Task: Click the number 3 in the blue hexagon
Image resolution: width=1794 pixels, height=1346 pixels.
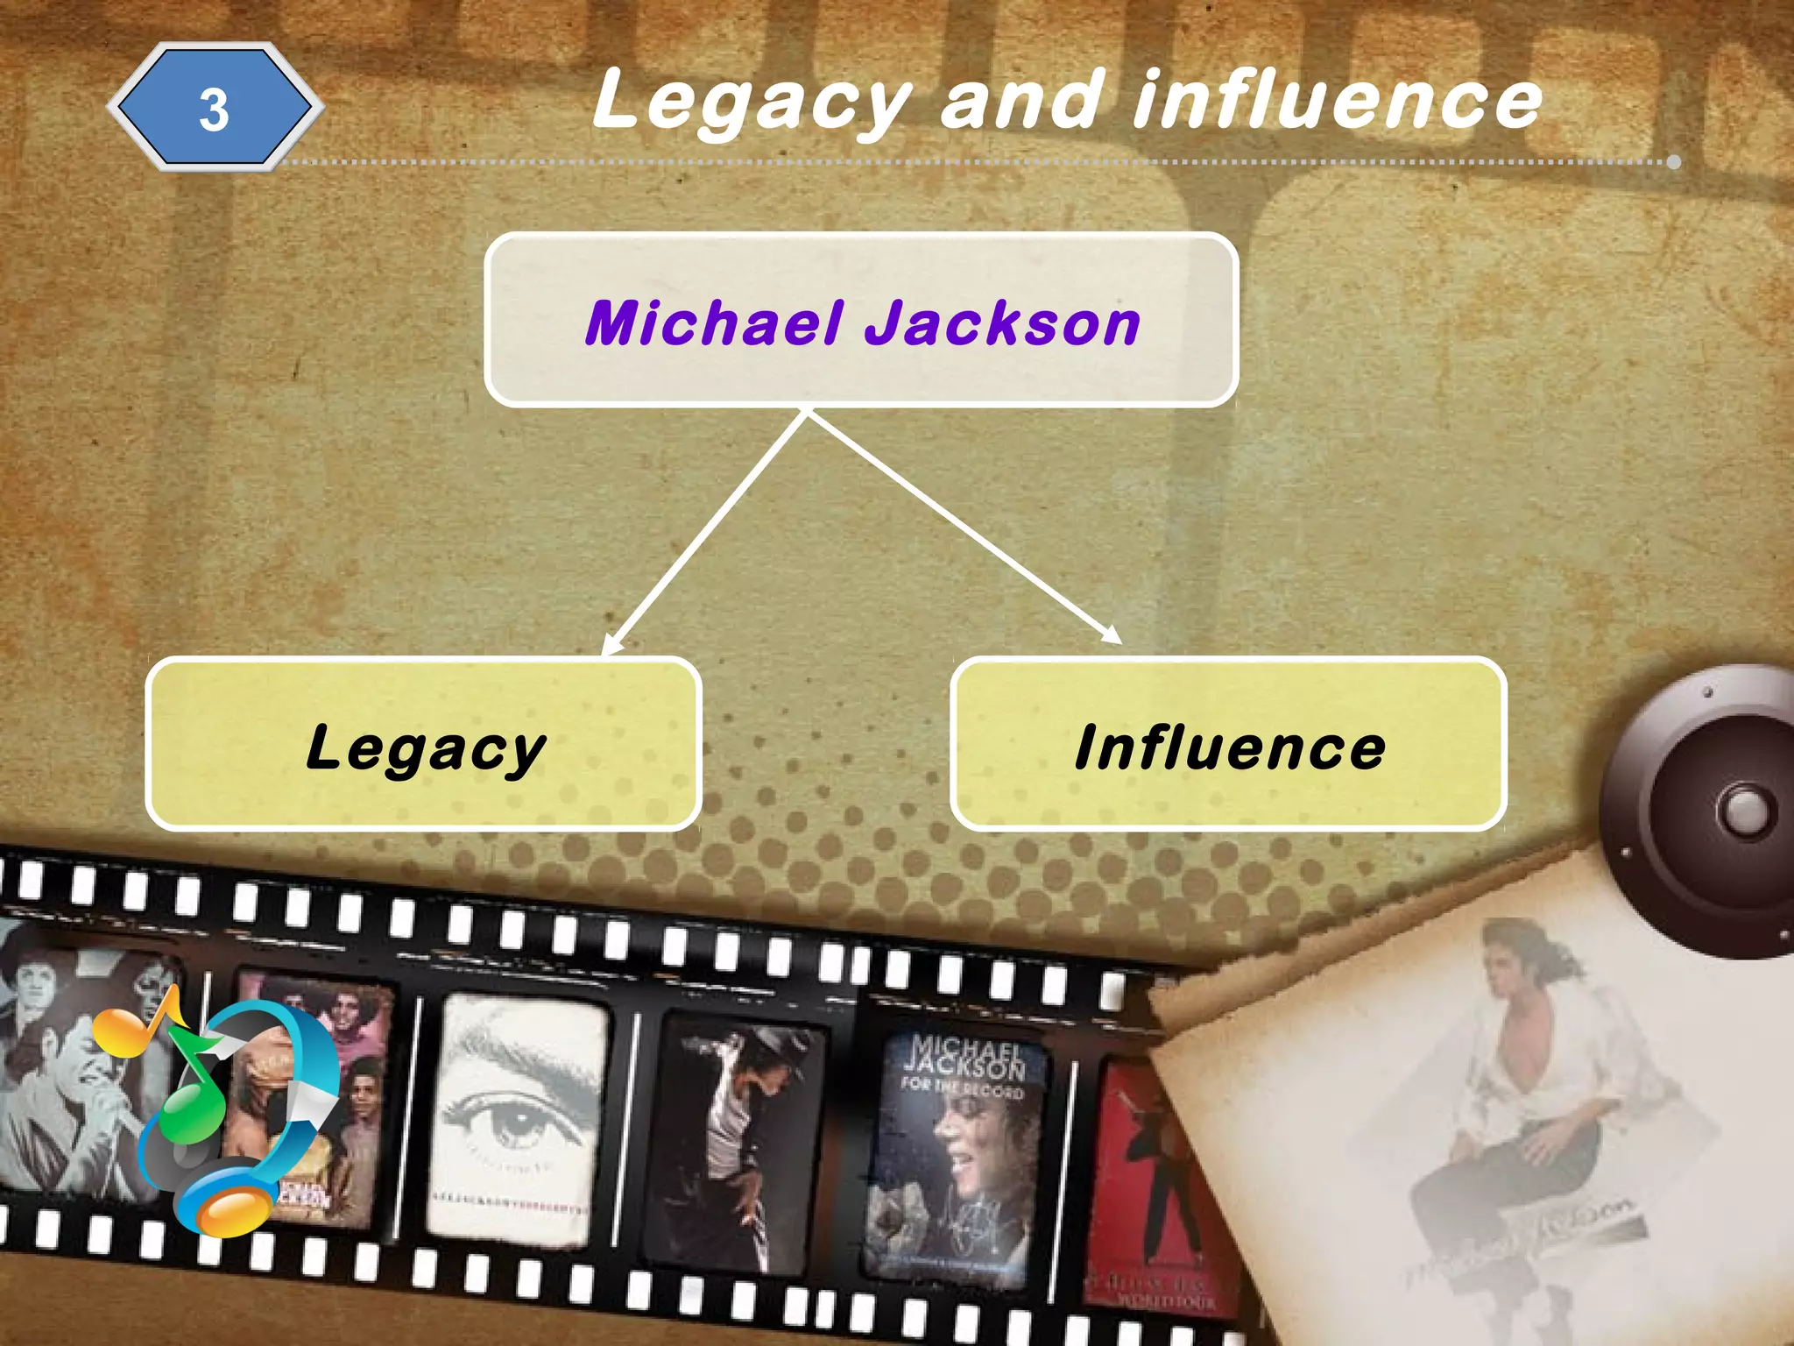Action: click(x=214, y=110)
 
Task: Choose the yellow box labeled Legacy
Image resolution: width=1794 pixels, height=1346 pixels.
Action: click(x=424, y=743)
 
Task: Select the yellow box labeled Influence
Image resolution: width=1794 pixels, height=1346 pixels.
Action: click(x=1228, y=743)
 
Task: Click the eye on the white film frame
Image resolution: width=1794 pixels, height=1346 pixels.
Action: click(x=512, y=1122)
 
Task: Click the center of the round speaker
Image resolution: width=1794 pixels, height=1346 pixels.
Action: click(x=1743, y=811)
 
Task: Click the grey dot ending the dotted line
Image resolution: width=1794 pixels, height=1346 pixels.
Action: click(x=1674, y=162)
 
